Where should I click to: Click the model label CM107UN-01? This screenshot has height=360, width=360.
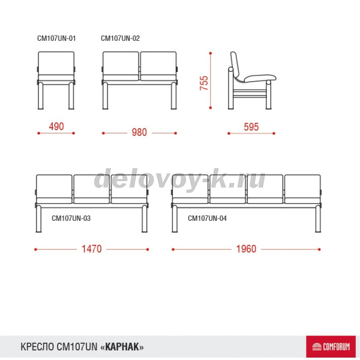point(56,38)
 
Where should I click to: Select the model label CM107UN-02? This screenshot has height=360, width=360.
point(120,38)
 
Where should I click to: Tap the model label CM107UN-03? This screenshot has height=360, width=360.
point(71,218)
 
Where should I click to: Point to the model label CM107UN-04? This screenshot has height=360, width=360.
point(207,218)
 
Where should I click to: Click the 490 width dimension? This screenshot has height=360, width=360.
point(56,127)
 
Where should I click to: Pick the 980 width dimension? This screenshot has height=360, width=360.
point(139,132)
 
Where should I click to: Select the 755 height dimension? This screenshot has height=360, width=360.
point(203,83)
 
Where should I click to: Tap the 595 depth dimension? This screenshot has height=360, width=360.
point(251,127)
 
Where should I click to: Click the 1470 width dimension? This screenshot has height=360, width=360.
point(92,249)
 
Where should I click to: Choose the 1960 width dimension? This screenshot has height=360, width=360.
point(246,249)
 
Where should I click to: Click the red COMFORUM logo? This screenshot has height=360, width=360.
point(331,346)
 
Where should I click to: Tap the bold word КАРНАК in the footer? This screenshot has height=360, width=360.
point(122,347)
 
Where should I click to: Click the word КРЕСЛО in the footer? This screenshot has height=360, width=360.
point(37,347)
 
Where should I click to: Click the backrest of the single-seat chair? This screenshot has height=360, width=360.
point(56,63)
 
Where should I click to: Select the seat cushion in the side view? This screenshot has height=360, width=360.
point(260,78)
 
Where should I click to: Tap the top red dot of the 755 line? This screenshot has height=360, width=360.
point(211,53)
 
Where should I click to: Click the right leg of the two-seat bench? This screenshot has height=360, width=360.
point(174,96)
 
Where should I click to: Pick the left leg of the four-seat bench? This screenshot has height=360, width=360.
point(175,219)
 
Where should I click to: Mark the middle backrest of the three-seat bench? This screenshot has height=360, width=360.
point(92,186)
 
